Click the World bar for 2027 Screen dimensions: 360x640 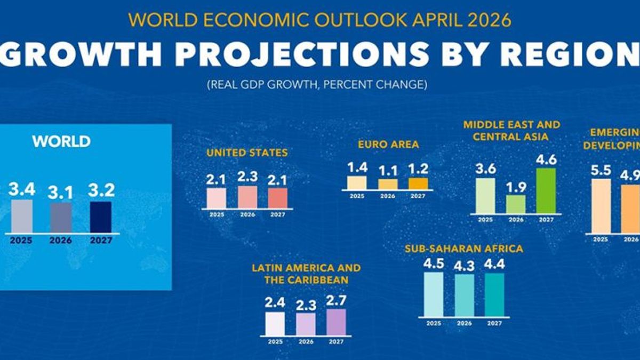[x=101, y=217]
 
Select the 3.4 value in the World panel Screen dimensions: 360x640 [x=21, y=189]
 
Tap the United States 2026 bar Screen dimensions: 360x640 [x=247, y=197]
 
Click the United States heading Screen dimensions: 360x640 [x=247, y=153]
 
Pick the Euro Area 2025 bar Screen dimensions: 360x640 [x=357, y=183]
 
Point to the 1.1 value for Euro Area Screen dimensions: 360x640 [x=388, y=171]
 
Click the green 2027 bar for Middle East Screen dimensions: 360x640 [x=546, y=190]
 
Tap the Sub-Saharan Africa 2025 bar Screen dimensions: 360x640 [x=434, y=294]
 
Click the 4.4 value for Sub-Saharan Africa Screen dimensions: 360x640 [x=494, y=265]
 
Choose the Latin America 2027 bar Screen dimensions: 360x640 [x=336, y=322]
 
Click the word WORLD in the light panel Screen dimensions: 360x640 [x=61, y=142]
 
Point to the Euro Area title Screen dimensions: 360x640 [x=388, y=145]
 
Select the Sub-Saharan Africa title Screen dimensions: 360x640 [x=464, y=249]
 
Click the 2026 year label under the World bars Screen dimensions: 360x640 [x=61, y=241]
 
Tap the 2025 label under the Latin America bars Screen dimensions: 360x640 [x=275, y=341]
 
